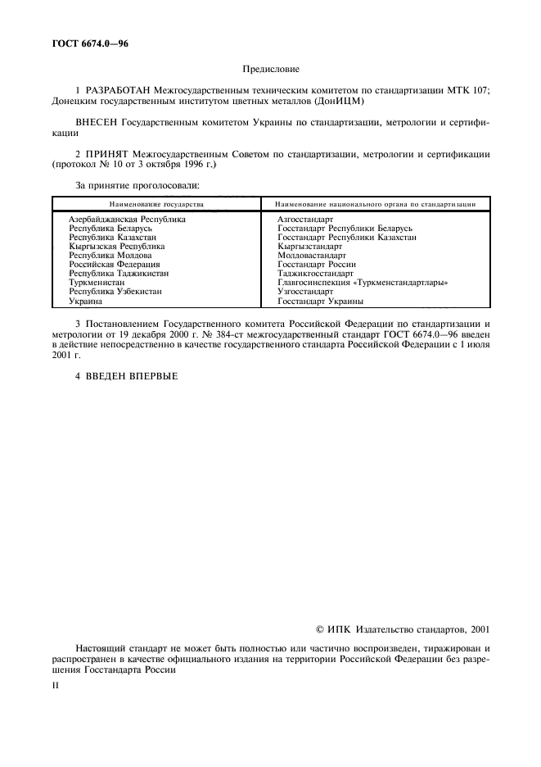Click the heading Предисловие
[271, 70]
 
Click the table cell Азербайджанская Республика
[127, 220]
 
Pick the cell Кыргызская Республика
[117, 246]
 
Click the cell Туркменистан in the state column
[97, 283]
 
